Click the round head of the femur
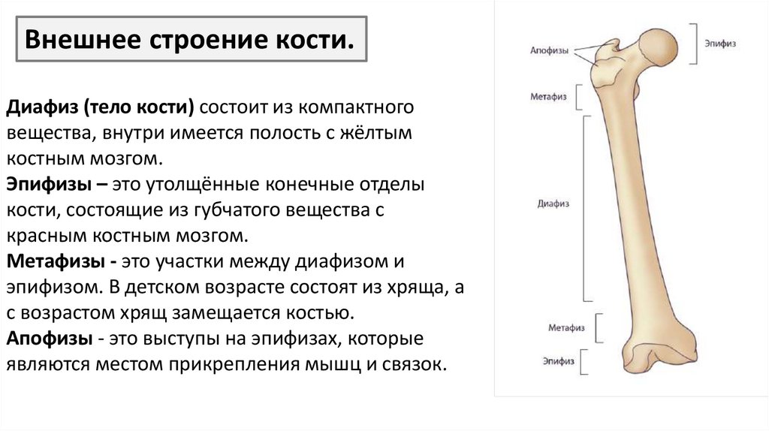point(659,47)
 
